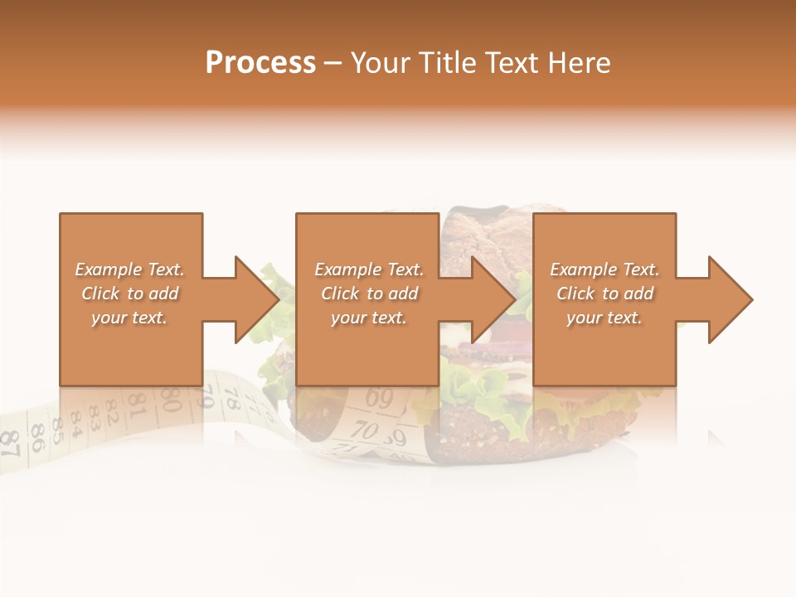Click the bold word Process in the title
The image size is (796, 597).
click(x=260, y=63)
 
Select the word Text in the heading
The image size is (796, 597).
click(x=512, y=63)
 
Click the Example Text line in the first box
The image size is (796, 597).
click(x=129, y=269)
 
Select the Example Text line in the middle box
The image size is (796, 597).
click(x=369, y=269)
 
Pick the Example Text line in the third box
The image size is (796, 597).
click(x=604, y=269)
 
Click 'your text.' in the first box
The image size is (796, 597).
click(x=129, y=318)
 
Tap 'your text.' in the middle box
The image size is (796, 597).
click(x=369, y=318)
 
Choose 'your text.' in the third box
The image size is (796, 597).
click(x=604, y=318)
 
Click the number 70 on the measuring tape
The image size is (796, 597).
click(x=365, y=430)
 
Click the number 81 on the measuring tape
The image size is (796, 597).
click(x=138, y=408)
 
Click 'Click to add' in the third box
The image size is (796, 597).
click(x=604, y=294)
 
